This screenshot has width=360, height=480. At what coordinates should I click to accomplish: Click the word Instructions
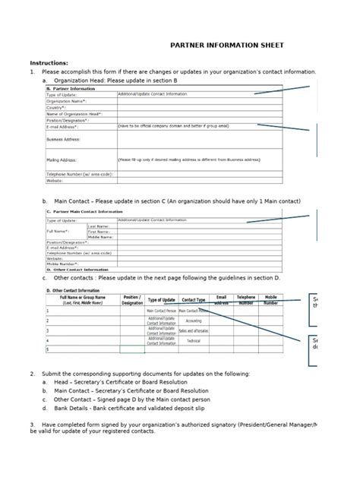pos(49,63)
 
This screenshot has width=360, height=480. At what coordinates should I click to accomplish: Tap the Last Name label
pos(99,226)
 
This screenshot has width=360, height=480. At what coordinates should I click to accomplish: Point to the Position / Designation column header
pos(132,300)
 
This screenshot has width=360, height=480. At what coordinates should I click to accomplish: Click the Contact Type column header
pos(194,300)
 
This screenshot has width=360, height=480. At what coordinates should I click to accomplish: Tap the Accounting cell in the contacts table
pos(194,321)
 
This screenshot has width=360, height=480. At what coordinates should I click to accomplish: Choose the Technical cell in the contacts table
pos(194,341)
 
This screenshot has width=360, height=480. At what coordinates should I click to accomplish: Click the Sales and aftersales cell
pos(194,330)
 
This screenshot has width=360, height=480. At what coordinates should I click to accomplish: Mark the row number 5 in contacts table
pos(48,350)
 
